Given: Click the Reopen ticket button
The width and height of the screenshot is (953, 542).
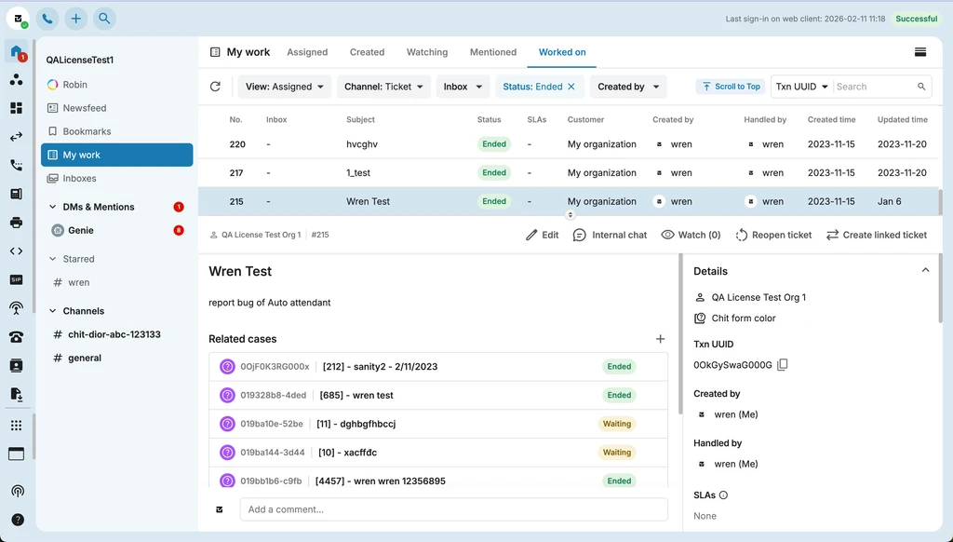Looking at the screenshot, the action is (x=773, y=235).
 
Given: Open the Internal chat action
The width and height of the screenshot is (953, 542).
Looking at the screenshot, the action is (x=610, y=235).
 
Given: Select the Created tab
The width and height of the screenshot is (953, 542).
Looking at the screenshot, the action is (x=367, y=52).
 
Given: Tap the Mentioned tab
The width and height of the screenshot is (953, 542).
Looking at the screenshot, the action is (x=493, y=52).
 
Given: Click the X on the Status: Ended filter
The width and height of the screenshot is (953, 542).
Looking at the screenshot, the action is (x=571, y=87).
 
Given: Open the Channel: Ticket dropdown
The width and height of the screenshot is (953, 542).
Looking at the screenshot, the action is (x=383, y=87).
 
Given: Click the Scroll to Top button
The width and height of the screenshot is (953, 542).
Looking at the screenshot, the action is (x=731, y=87).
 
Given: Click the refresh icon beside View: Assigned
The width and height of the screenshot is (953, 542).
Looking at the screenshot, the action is (x=215, y=87).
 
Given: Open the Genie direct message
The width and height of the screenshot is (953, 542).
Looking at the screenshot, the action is (x=81, y=230).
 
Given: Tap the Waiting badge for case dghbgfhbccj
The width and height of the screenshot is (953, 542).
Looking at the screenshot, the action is (x=617, y=424).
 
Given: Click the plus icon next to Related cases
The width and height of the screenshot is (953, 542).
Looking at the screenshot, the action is (x=660, y=339).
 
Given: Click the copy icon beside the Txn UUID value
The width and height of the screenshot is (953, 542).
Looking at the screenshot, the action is (x=783, y=364).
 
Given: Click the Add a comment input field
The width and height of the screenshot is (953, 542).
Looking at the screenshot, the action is (x=453, y=509).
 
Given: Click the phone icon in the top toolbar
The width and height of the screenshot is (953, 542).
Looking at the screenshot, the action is (x=47, y=19).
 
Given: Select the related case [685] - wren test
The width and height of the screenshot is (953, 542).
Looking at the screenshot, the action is (x=356, y=395).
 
